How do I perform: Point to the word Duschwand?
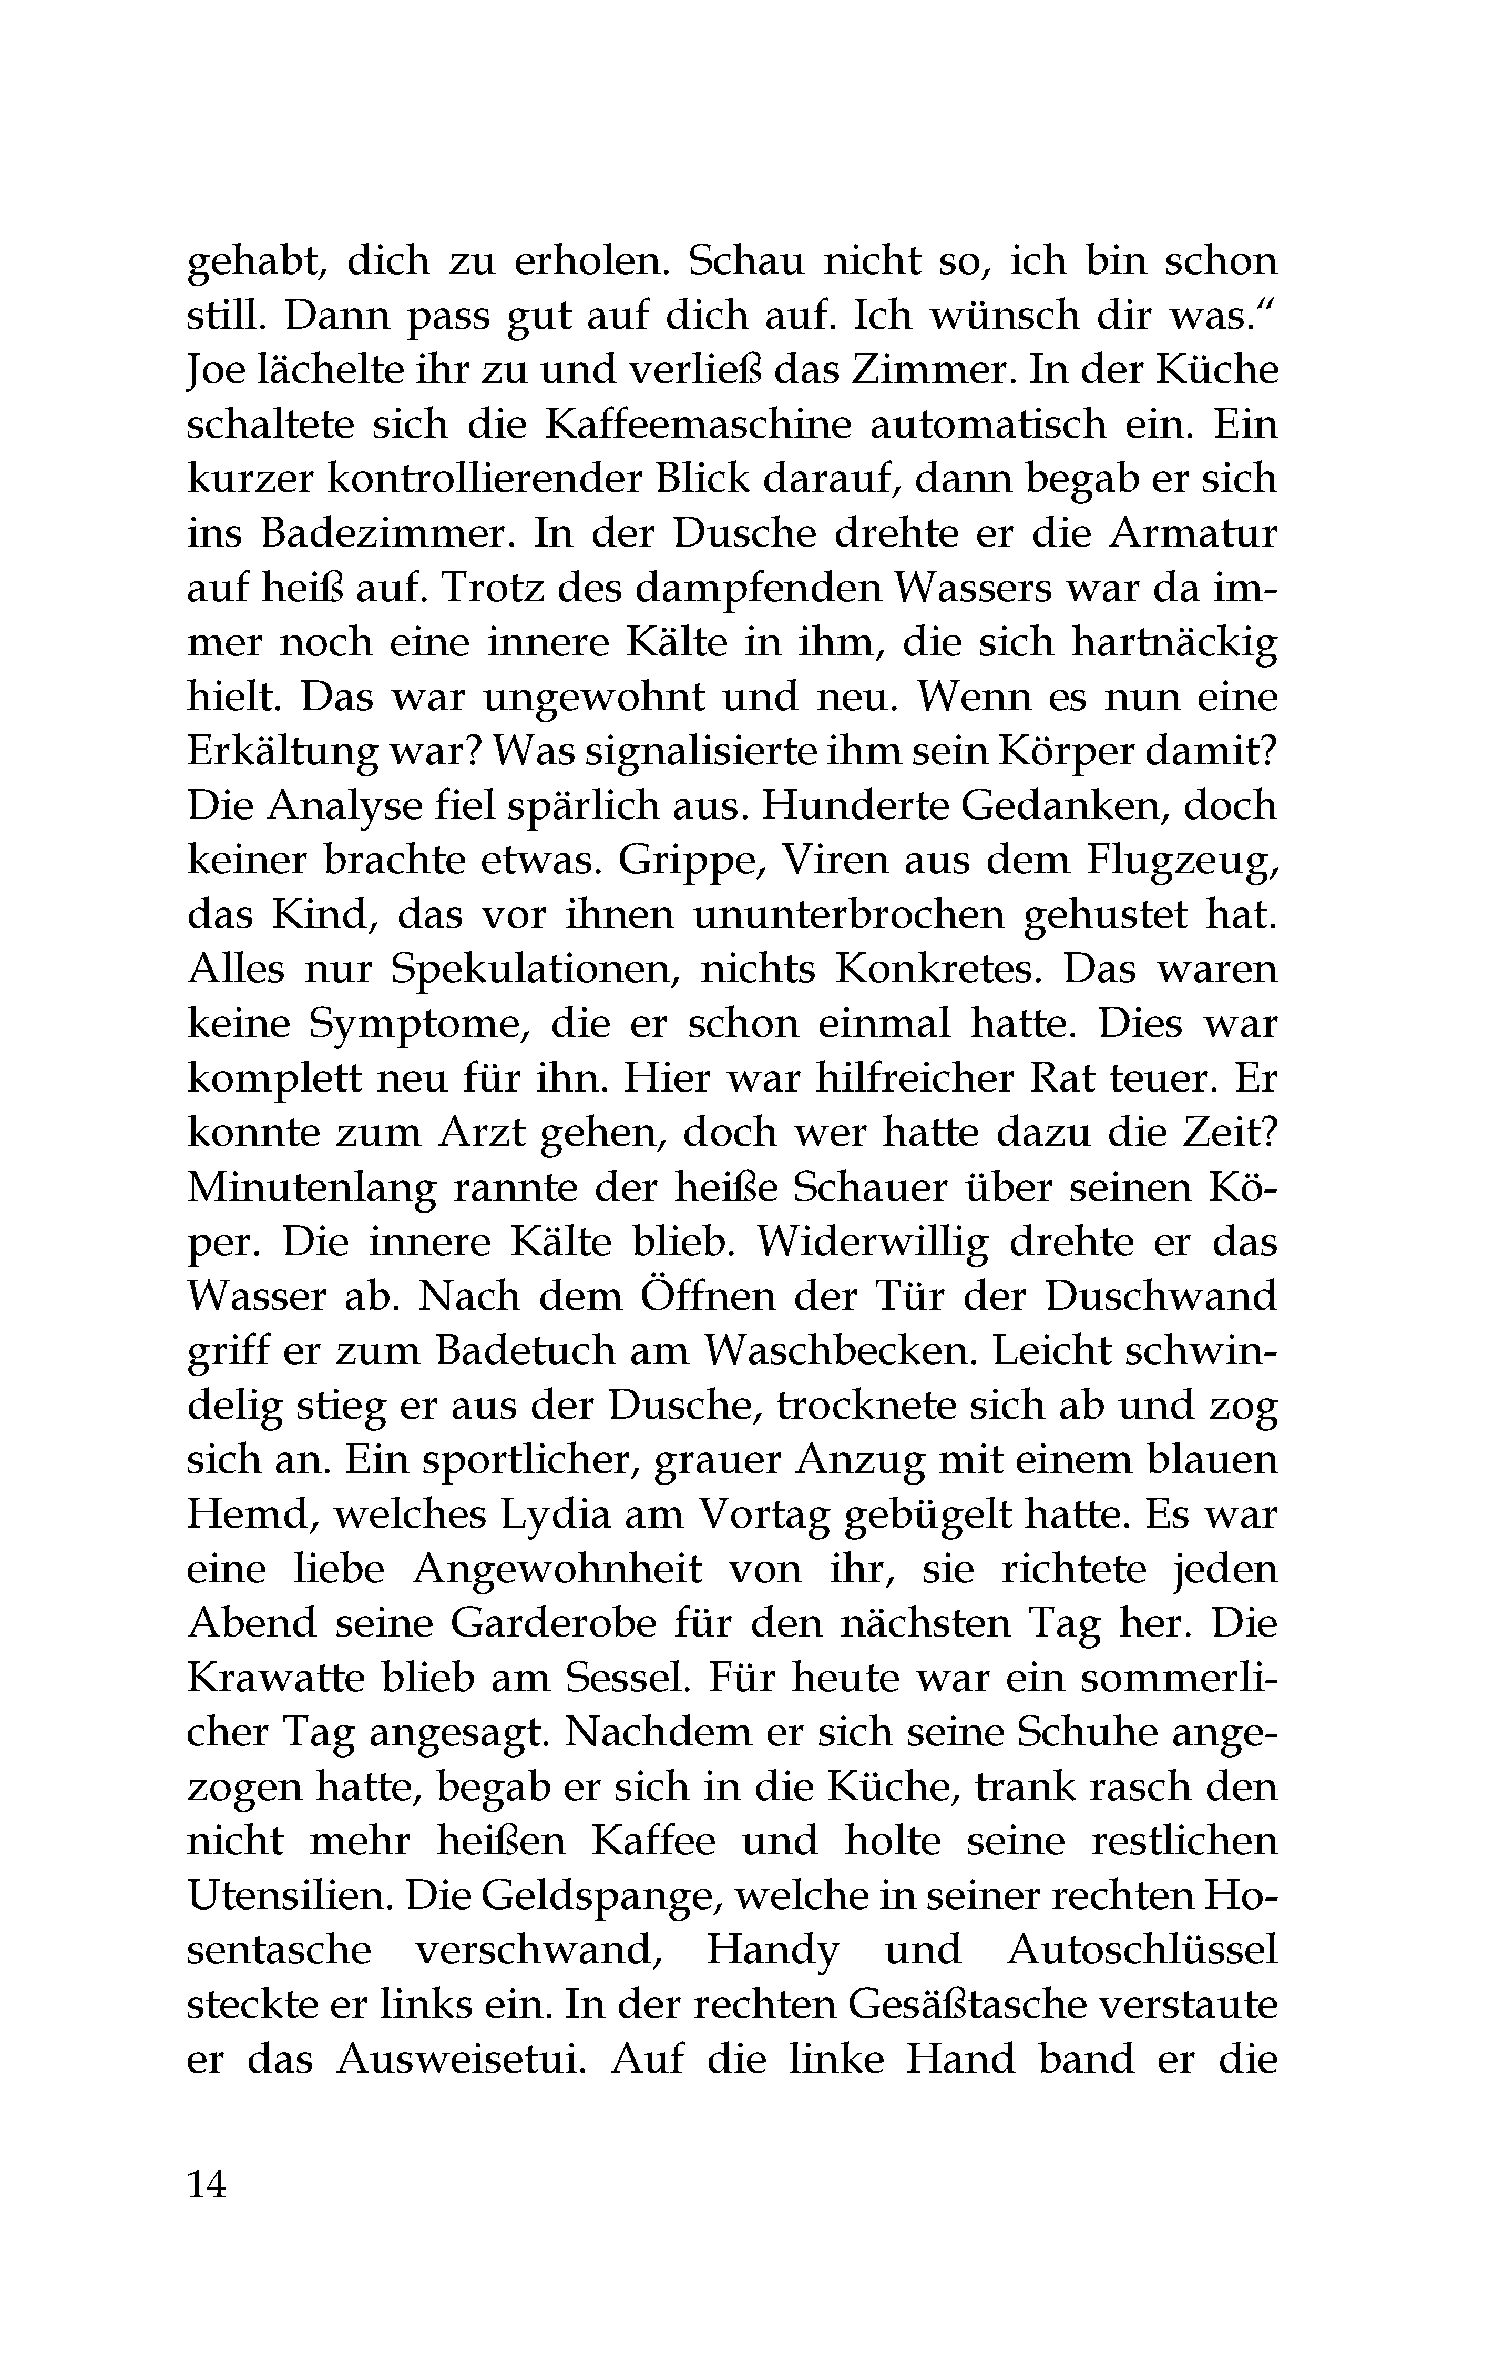(x=1161, y=1296)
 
